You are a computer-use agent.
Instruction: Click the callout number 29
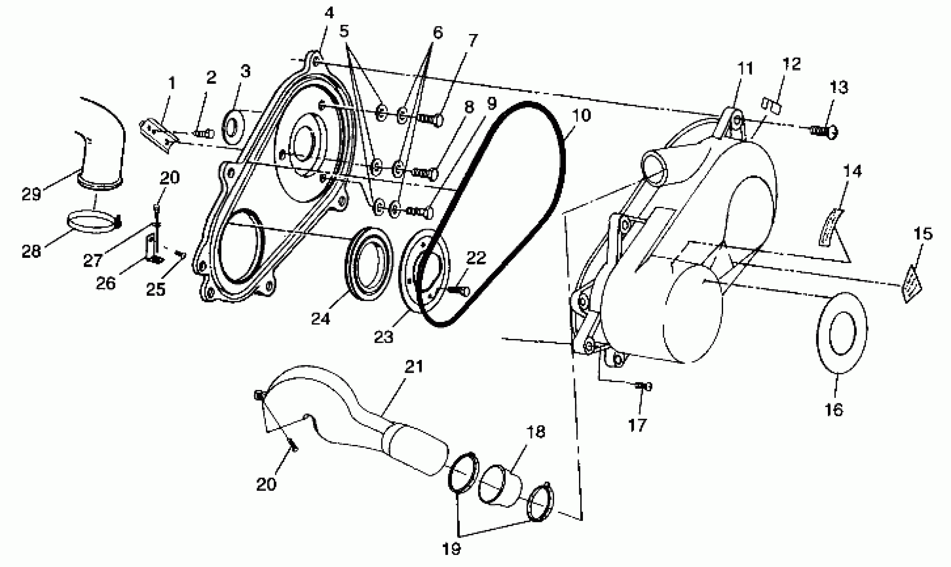[x=31, y=194]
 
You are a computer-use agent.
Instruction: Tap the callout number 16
[x=834, y=410]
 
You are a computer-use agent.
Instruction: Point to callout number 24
[x=320, y=318]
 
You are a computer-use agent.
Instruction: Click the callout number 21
[x=414, y=367]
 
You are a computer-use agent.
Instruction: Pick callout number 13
[x=839, y=87]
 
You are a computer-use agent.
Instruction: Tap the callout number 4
[x=329, y=13]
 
